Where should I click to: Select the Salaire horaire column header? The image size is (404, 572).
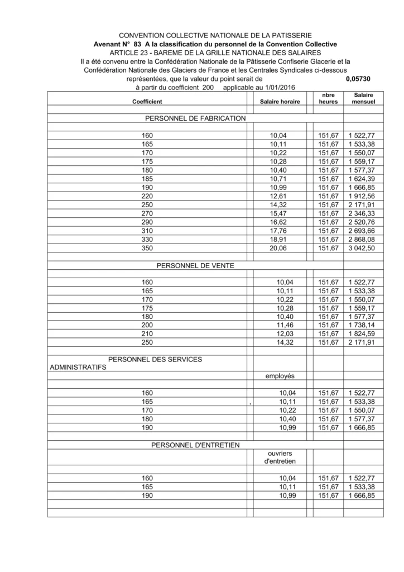[280, 102]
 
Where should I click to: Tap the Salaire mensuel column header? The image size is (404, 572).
[363, 99]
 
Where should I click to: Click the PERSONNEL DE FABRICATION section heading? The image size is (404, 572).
[195, 118]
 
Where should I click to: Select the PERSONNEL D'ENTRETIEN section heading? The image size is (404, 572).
[195, 445]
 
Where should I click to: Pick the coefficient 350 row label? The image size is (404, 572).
[147, 249]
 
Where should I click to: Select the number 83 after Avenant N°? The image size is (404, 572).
[138, 44]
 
